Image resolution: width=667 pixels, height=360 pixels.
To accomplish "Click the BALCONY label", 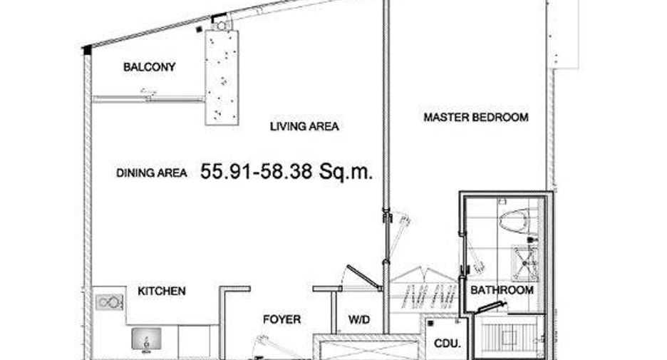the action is [x=150, y=67].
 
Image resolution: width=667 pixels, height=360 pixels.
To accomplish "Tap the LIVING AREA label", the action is [x=304, y=126].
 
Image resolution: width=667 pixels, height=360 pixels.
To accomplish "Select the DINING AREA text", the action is [x=152, y=173].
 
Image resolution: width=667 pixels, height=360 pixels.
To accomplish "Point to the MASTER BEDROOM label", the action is [x=476, y=117].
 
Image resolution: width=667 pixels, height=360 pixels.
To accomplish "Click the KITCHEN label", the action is [x=162, y=291].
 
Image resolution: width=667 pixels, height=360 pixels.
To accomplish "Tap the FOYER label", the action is [x=281, y=319].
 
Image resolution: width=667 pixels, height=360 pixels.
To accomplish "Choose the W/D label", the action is [x=359, y=319].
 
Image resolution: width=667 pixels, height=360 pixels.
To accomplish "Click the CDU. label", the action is [x=448, y=343].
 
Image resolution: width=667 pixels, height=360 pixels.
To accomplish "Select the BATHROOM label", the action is [x=502, y=290].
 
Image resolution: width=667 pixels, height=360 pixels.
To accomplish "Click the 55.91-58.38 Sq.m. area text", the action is [x=286, y=171].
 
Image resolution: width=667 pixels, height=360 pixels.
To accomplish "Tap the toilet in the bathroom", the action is [x=515, y=220].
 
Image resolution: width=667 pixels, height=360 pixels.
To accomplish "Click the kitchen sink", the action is [x=146, y=339].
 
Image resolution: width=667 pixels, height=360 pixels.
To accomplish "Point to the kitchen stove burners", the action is [x=110, y=302].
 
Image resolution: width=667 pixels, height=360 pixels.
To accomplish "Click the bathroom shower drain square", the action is [x=524, y=263].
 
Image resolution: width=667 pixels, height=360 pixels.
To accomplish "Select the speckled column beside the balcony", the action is [x=222, y=78].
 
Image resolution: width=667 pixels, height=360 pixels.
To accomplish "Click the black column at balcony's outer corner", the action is [x=87, y=50].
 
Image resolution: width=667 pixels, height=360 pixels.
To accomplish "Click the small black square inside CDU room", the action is [x=430, y=324].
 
